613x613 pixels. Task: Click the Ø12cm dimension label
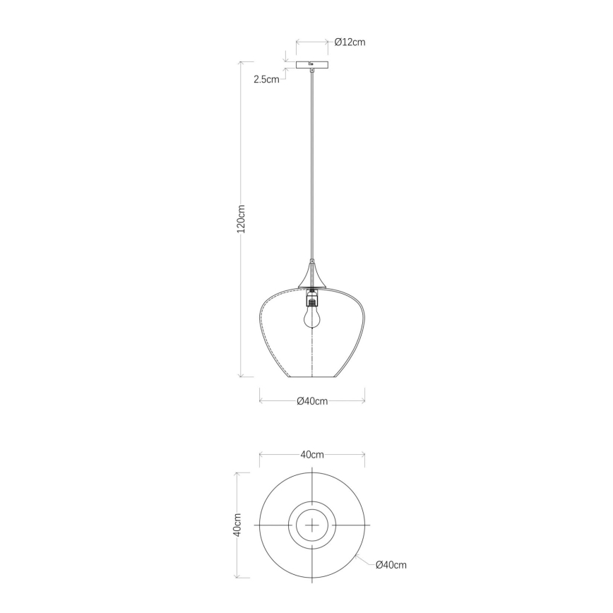point(350,42)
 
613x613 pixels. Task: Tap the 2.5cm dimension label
point(266,79)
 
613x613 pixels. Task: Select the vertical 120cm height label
point(241,219)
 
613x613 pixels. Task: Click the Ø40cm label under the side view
point(311,401)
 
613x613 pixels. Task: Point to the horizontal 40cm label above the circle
point(311,455)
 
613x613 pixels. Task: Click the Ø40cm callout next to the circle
point(391,565)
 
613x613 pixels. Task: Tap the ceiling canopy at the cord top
point(312,66)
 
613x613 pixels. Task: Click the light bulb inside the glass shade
point(311,315)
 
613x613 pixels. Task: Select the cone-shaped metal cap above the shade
point(312,275)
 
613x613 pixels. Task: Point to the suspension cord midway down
point(312,162)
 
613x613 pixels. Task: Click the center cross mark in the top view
point(311,526)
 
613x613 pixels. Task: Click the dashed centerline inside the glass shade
point(311,353)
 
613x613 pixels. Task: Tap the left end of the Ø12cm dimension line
point(296,42)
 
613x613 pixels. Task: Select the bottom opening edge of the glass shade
point(311,377)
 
